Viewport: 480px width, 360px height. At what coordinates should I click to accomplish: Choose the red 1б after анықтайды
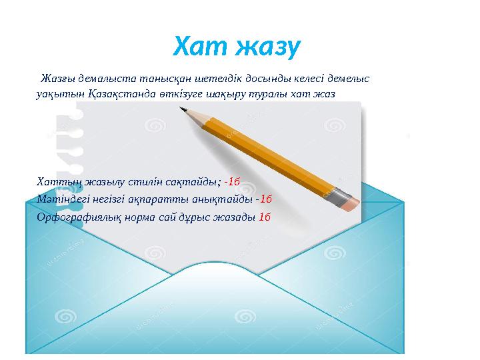[x=265, y=199]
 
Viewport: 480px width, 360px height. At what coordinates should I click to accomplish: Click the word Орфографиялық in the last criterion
[x=75, y=217]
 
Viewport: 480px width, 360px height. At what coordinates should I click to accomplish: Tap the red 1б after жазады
[x=264, y=217]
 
